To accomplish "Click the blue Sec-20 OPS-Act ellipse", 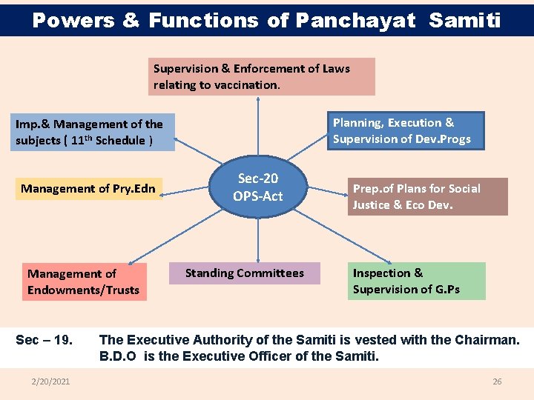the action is click(258, 187).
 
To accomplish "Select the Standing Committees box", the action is click(245, 273).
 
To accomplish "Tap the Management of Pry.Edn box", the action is click(88, 189).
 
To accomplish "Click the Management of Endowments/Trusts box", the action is click(83, 281).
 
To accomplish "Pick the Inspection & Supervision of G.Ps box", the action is click(416, 281).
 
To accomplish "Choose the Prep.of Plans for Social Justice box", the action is click(428, 196).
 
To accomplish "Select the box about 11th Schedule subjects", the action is click(93, 132).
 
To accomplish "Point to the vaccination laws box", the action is click(262, 76).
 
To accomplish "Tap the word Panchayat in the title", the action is click(355, 20).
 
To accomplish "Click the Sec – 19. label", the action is click(44, 340).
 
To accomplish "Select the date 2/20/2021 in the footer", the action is click(50, 381).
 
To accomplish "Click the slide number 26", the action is click(497, 381).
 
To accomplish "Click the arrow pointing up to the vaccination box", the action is click(258, 133).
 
